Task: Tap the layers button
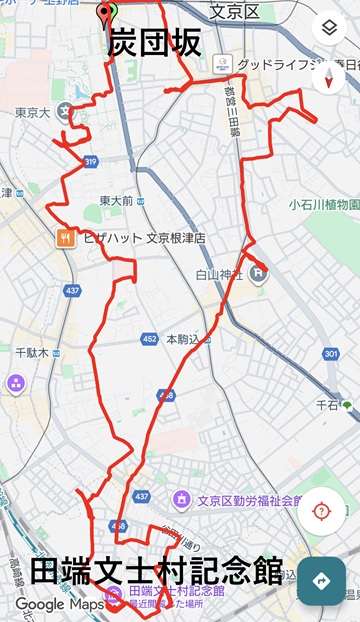329,28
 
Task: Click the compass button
329,77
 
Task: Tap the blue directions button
322,581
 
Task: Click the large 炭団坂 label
154,43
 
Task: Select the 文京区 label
235,11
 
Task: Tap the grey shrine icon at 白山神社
258,271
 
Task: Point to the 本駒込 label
184,340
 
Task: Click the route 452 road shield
149,340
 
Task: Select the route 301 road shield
331,354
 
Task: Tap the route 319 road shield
91,161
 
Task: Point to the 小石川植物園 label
323,204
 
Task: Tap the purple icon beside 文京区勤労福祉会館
181,499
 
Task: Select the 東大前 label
116,201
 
